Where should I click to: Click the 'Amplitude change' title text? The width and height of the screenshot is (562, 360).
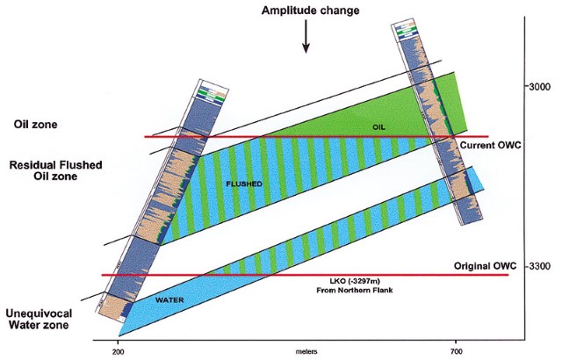pyautogui.click(x=306, y=10)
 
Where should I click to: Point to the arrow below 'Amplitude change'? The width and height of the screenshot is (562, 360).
pyautogui.click(x=306, y=36)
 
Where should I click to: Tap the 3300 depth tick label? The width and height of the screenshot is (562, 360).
pyautogui.click(x=537, y=266)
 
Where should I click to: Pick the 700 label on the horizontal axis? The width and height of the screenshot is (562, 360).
pyautogui.click(x=455, y=349)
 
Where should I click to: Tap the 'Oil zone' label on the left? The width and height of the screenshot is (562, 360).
pyautogui.click(x=33, y=125)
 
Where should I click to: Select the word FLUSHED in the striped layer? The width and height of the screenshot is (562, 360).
pyautogui.click(x=240, y=185)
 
